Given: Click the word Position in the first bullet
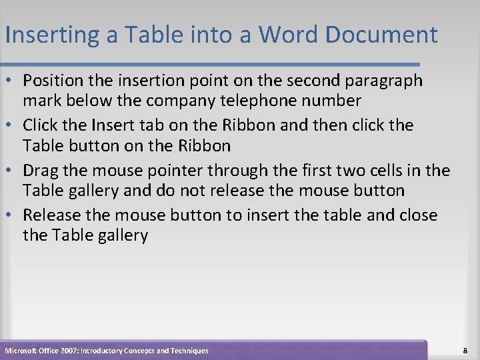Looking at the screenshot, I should pos(51,81).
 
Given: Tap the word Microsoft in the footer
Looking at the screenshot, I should pos(23,350).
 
